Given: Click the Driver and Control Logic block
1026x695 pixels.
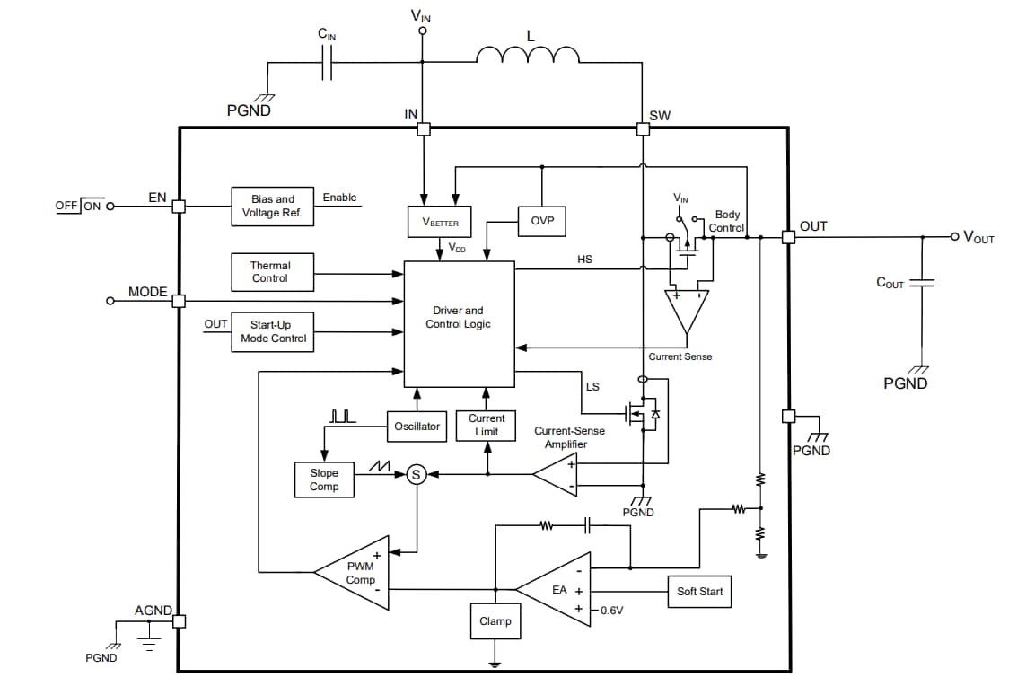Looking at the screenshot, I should pyautogui.click(x=459, y=324).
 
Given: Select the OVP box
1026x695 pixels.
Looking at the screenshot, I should pyautogui.click(x=542, y=221).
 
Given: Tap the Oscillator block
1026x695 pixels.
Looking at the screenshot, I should pyautogui.click(x=417, y=427).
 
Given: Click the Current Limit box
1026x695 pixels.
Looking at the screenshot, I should pyautogui.click(x=487, y=426).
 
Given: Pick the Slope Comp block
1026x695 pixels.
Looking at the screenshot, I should pyautogui.click(x=324, y=479).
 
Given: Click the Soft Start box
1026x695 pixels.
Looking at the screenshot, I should pyautogui.click(x=699, y=591).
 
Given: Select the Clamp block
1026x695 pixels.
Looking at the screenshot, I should pyautogui.click(x=495, y=621).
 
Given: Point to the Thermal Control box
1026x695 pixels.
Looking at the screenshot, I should pyautogui.click(x=270, y=272).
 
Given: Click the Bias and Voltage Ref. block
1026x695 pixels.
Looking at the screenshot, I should pyautogui.click(x=272, y=207).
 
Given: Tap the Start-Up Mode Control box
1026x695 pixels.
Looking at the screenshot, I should pyautogui.click(x=273, y=331).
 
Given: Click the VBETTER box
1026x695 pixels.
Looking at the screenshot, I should pyautogui.click(x=439, y=222).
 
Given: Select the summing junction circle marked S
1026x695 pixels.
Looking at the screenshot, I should pyautogui.click(x=416, y=474).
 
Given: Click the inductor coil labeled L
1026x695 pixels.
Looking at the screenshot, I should pyautogui.click(x=527, y=57).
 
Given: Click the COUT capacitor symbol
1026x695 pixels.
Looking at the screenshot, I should pyautogui.click(x=922, y=283).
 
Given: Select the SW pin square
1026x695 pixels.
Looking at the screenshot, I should pyautogui.click(x=643, y=129).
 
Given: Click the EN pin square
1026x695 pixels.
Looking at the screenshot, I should pyautogui.click(x=179, y=206).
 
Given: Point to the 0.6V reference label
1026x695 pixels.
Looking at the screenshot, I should pyautogui.click(x=612, y=610).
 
